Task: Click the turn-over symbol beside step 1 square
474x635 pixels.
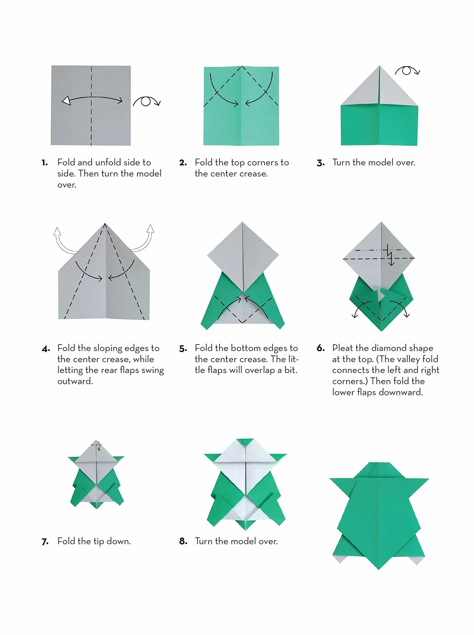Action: pos(147,101)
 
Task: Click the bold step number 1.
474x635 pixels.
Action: pos(44,163)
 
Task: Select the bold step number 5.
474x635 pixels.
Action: pos(183,349)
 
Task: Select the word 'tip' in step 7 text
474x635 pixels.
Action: pos(99,541)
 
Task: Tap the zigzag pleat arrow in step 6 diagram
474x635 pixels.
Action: pos(390,255)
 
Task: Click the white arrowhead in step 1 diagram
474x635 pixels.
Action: pos(66,101)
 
